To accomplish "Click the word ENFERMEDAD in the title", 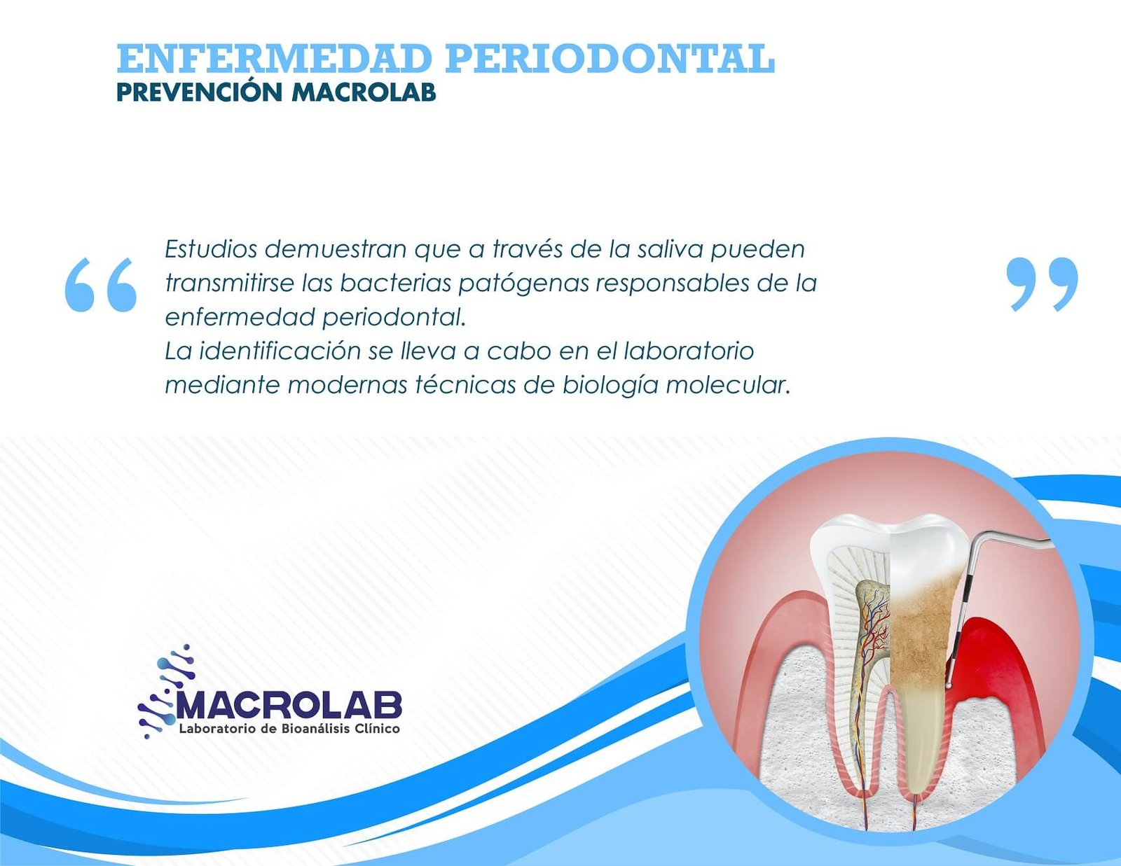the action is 274,59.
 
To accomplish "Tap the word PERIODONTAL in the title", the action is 610,59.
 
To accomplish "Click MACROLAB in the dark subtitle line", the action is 364,93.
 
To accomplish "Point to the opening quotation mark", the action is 101,284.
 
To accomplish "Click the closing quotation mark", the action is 1042,284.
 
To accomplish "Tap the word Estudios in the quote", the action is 211,249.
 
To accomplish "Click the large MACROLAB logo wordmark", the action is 289,704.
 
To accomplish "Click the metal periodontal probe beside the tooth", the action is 967,608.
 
